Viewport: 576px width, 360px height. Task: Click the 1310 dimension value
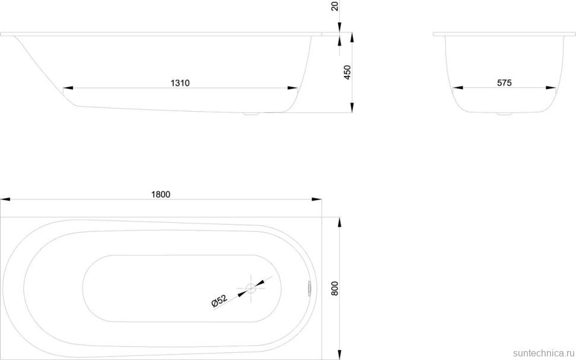pyautogui.click(x=180, y=83)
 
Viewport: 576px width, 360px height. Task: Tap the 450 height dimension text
pyautogui.click(x=347, y=72)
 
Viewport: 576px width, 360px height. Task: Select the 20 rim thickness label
pyautogui.click(x=335, y=6)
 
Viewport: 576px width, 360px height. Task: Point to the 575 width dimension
pyautogui.click(x=504, y=83)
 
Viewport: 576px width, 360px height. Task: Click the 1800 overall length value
pyautogui.click(x=161, y=195)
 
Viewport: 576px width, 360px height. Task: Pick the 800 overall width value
pyautogui.click(x=334, y=289)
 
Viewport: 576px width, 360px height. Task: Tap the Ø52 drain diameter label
pyautogui.click(x=219, y=301)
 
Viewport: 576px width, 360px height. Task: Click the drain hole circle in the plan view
pyautogui.click(x=251, y=288)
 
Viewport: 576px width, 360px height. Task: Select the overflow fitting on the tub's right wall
pyautogui.click(x=309, y=288)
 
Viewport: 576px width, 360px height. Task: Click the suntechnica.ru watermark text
pyautogui.click(x=544, y=353)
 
